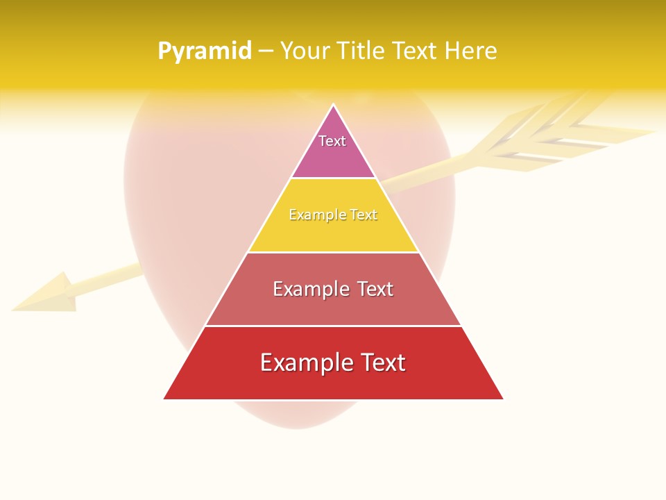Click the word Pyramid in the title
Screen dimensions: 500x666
(x=204, y=51)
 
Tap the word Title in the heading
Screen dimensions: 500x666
(x=358, y=51)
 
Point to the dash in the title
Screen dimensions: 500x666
(x=266, y=51)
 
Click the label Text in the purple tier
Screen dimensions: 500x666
(x=332, y=141)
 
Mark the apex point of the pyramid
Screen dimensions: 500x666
(x=333, y=106)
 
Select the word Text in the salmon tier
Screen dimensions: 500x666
(x=375, y=289)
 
